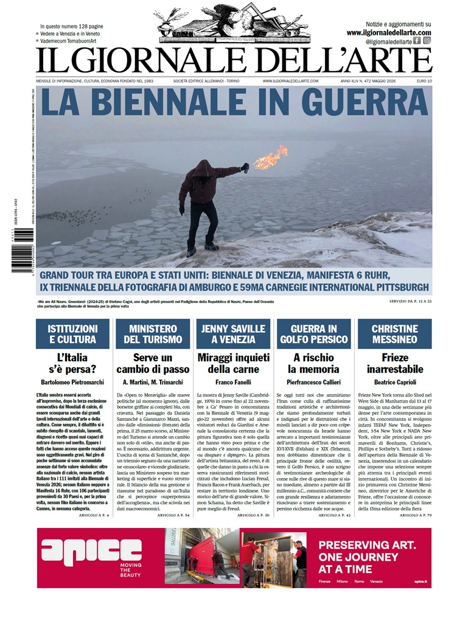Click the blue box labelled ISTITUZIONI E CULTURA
(x=73, y=334)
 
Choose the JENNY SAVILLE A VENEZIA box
(x=233, y=334)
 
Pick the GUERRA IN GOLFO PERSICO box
(x=314, y=334)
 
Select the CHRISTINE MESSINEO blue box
(x=394, y=334)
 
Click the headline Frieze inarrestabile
(x=394, y=363)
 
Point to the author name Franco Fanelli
(x=233, y=382)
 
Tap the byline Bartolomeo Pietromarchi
(x=73, y=382)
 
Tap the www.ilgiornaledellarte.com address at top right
(x=389, y=33)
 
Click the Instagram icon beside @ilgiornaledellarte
(x=427, y=41)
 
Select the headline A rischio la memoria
(x=314, y=363)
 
